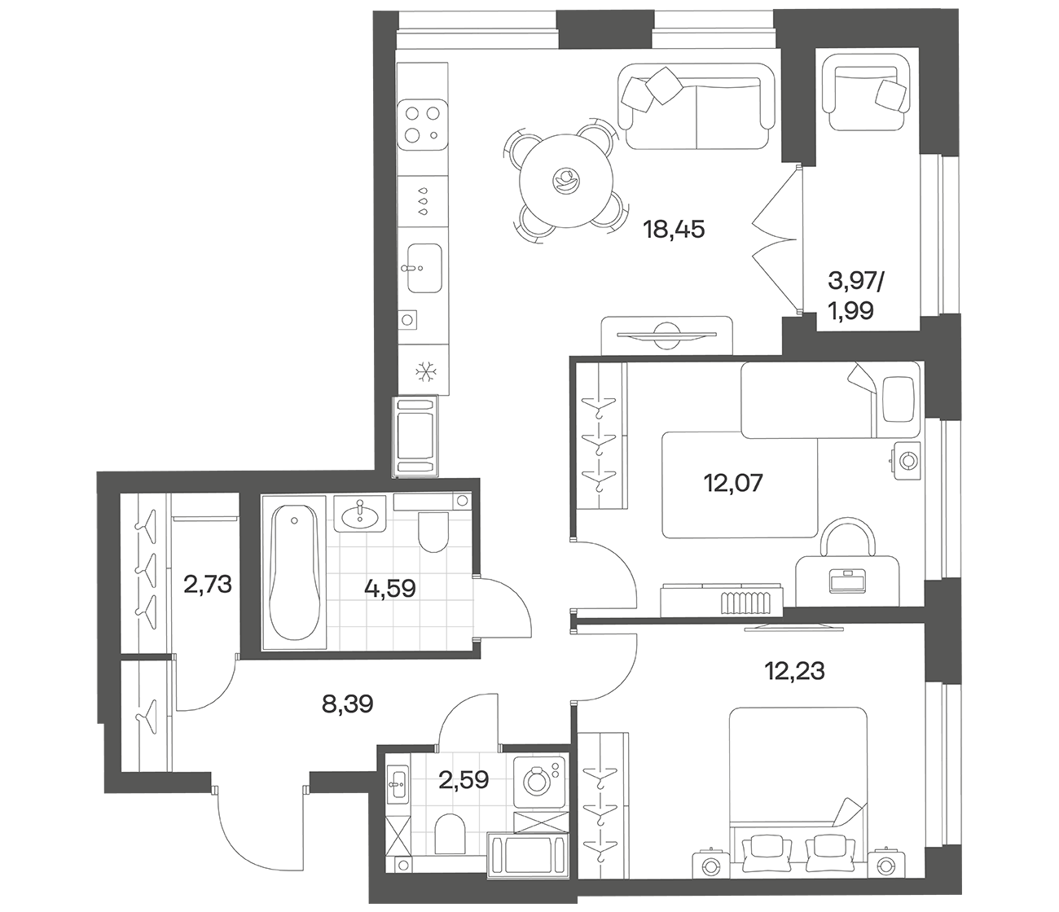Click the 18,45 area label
click(674, 230)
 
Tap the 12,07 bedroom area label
click(734, 482)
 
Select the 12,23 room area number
click(794, 671)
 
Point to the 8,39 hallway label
click(347, 704)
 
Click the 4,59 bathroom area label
click(389, 589)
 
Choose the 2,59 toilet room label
click(464, 780)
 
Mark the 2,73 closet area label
click(208, 584)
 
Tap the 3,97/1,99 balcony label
click(855, 296)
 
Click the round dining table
click(565, 182)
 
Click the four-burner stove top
click(423, 125)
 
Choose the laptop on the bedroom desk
click(846, 581)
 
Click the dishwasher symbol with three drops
click(423, 201)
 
